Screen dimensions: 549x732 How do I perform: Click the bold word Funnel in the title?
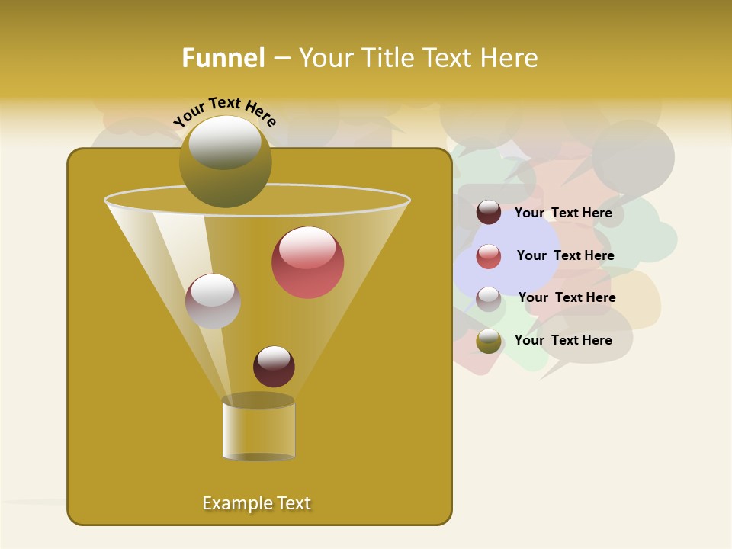pyautogui.click(x=223, y=58)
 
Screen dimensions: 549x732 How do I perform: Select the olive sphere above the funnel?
pyautogui.click(x=225, y=162)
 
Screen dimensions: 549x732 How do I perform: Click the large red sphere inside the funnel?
pyautogui.click(x=307, y=262)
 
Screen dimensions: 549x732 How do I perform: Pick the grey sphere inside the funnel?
pyautogui.click(x=213, y=301)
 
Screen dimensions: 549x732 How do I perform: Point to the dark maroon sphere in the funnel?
pyautogui.click(x=274, y=367)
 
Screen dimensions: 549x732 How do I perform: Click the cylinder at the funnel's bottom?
pyautogui.click(x=258, y=430)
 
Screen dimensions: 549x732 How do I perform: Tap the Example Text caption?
pyautogui.click(x=256, y=503)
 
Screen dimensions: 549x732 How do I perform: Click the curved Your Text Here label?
pyautogui.click(x=224, y=111)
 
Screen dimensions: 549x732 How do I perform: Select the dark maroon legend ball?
pyautogui.click(x=489, y=213)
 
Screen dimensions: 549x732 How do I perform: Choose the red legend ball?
pyautogui.click(x=489, y=256)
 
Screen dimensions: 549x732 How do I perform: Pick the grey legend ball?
pyautogui.click(x=489, y=299)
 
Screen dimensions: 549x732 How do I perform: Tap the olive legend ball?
pyautogui.click(x=489, y=341)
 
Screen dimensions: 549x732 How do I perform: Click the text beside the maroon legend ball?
pyautogui.click(x=563, y=213)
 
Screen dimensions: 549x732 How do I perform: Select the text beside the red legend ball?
pyautogui.click(x=565, y=255)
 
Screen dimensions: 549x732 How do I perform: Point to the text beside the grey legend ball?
pyautogui.click(x=567, y=297)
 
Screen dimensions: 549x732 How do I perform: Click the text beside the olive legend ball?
pyautogui.click(x=563, y=340)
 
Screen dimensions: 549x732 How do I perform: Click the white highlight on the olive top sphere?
pyautogui.click(x=225, y=142)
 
